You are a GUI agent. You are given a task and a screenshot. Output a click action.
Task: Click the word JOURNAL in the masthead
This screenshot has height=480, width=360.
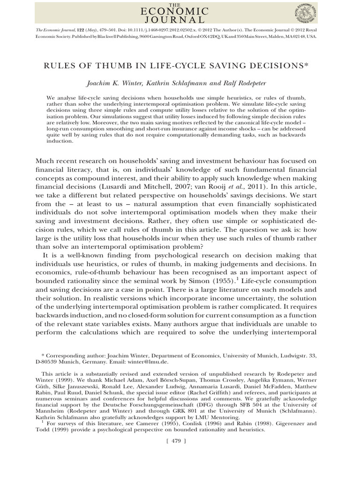(x=180, y=19)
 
